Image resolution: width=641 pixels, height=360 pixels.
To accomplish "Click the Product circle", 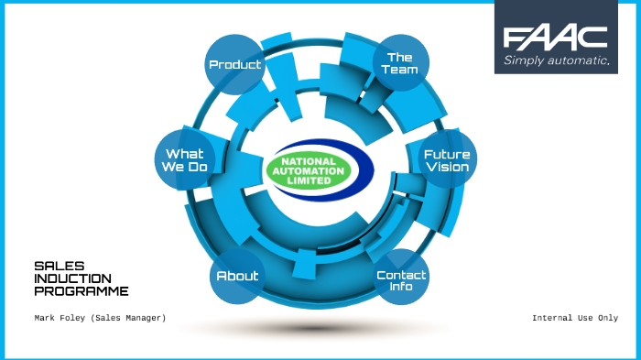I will tap(235, 65).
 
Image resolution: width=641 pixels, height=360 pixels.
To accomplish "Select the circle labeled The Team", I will tap(401, 63).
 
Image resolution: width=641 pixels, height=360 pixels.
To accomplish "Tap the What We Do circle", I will tap(185, 160).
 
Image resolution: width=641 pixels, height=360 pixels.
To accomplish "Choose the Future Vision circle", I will tap(446, 160).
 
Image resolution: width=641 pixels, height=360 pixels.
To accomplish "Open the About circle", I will tap(237, 276).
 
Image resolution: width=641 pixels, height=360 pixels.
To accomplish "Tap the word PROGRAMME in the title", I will tap(81, 291).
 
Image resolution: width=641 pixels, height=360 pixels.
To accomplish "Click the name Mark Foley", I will tap(62, 318).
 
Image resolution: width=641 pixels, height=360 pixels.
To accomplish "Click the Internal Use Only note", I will tap(574, 318).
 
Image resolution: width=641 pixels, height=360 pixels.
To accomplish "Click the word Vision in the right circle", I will tap(446, 168).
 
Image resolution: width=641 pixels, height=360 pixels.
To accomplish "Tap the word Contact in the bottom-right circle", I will tap(401, 275).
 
